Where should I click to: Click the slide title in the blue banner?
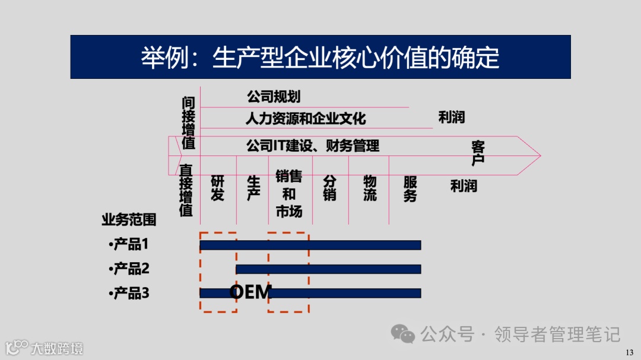click(x=320, y=58)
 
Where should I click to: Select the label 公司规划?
click(x=274, y=96)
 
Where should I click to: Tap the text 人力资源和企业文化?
click(x=306, y=118)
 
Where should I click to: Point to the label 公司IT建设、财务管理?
click(x=313, y=145)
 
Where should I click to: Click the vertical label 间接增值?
click(x=188, y=123)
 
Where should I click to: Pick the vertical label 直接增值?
click(x=186, y=190)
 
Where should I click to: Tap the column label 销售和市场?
click(x=289, y=193)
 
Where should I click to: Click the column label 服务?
click(x=410, y=189)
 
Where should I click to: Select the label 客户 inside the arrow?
click(x=478, y=152)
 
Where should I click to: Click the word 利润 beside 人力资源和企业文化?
click(x=451, y=117)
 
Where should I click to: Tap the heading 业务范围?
click(x=129, y=220)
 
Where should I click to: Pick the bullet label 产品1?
click(x=130, y=244)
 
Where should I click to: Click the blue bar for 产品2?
click(x=328, y=269)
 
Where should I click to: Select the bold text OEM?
click(x=250, y=292)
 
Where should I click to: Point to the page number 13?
click(x=630, y=352)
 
